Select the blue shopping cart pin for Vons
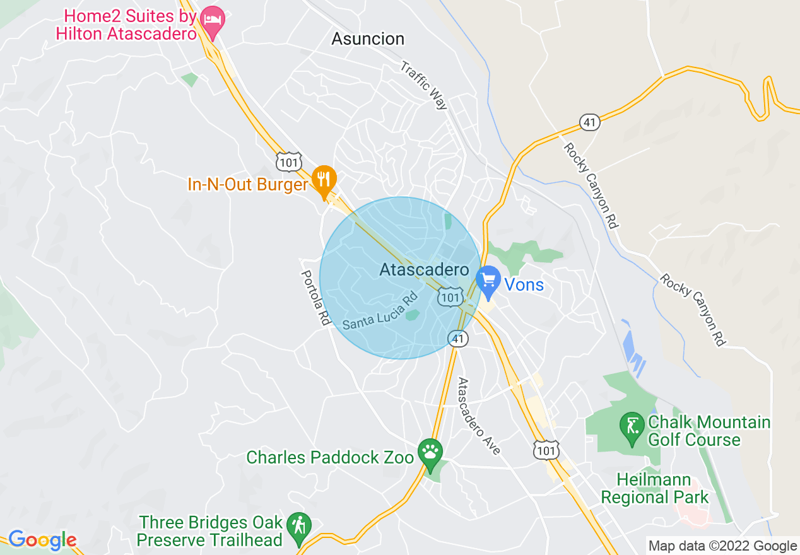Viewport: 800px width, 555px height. coord(488,281)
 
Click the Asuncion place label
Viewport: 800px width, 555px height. coord(368,39)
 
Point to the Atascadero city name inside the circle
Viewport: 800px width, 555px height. coord(424,270)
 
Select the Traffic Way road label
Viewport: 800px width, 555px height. coord(424,86)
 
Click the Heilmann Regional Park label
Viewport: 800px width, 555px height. coord(654,489)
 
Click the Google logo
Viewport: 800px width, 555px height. coord(42,540)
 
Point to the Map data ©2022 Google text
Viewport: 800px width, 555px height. coord(723,546)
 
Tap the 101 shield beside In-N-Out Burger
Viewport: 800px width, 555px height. coord(288,161)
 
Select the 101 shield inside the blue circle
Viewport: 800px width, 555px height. coord(451,297)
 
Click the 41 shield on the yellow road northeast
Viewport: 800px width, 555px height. coord(590,122)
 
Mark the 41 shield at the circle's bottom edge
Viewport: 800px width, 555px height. coord(458,339)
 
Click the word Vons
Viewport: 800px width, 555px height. coord(524,285)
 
